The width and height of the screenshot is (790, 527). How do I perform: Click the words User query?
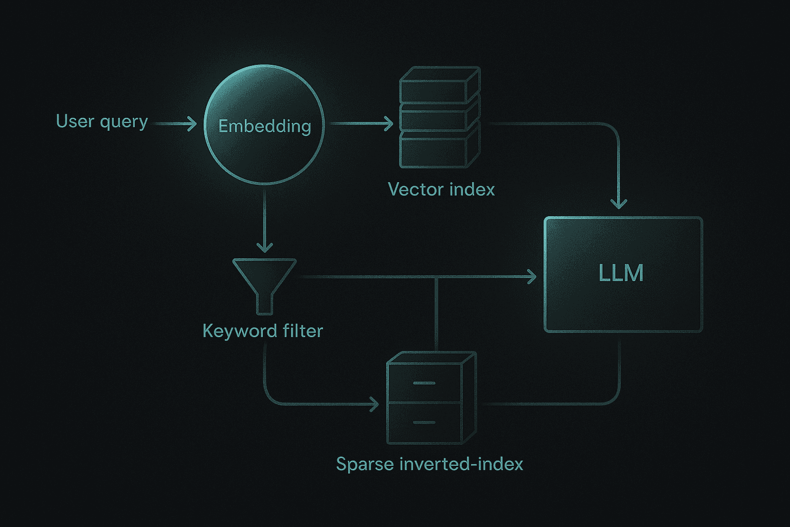point(102,122)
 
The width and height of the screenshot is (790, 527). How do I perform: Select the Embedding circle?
point(264,125)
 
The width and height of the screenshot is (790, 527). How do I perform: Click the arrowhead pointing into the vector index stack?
point(389,124)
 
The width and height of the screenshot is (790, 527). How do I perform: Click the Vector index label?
point(441,189)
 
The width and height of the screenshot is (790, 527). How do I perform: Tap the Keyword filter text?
point(263,331)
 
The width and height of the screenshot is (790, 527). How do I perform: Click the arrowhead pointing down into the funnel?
point(264,247)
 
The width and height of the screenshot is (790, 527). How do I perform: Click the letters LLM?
point(621,273)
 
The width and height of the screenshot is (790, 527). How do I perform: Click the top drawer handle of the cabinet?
point(424,383)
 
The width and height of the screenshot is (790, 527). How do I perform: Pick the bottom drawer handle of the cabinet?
point(424,423)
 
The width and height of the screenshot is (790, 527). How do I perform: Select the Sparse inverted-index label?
point(429,464)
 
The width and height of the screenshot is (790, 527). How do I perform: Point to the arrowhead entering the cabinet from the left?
point(374,405)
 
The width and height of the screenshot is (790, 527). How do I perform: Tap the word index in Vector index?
point(472,189)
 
